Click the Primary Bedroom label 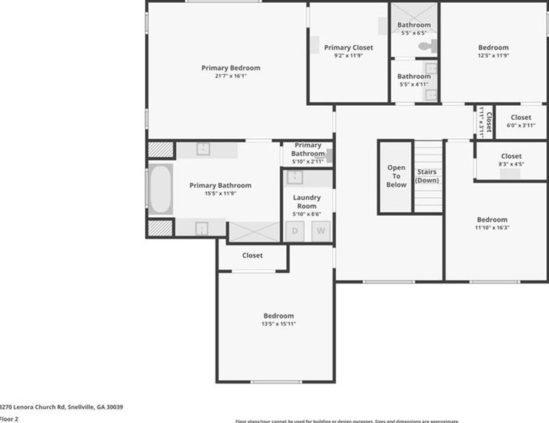pyautogui.click(x=230, y=68)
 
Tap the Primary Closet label pyautogui.click(x=348, y=48)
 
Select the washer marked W pyautogui.click(x=321, y=231)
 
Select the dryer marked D pyautogui.click(x=295, y=231)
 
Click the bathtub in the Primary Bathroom pyautogui.click(x=161, y=189)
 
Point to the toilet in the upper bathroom pyautogui.click(x=427, y=47)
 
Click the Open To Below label pyautogui.click(x=396, y=176)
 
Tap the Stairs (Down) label pyautogui.click(x=427, y=176)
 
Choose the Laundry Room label pyautogui.click(x=307, y=202)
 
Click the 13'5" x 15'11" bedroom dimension pyautogui.click(x=278, y=324)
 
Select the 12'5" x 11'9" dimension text pyautogui.click(x=493, y=56)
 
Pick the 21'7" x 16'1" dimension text pyautogui.click(x=230, y=76)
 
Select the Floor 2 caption pyautogui.click(x=8, y=419)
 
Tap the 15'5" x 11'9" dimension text pyautogui.click(x=220, y=193)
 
